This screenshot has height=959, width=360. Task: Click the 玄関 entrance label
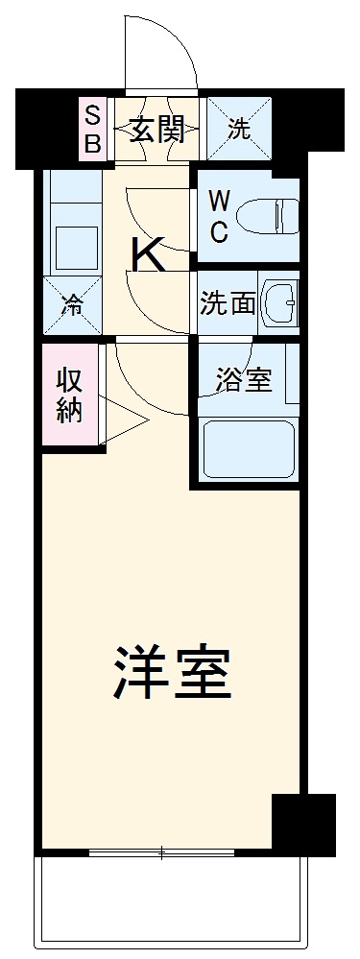[157, 130]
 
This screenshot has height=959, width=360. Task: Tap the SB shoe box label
[92, 130]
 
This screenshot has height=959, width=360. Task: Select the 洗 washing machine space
[237, 130]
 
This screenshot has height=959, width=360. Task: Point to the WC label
[220, 216]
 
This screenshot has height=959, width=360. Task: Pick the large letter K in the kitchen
[151, 255]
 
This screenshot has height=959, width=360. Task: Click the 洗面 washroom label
[228, 303]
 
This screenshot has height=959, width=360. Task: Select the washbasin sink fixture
[281, 304]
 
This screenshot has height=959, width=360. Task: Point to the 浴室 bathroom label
[243, 380]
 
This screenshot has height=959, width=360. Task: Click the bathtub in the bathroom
[248, 448]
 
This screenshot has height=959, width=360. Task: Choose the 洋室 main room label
[173, 672]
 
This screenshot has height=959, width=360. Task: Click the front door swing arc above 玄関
[161, 53]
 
